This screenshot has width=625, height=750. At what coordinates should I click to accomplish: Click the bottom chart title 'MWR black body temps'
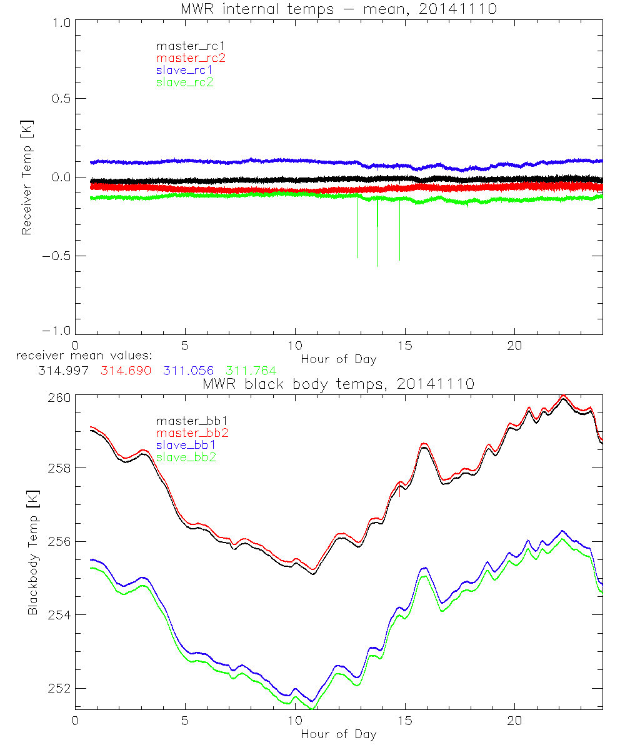click(x=338, y=384)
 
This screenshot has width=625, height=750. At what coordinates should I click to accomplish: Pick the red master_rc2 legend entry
click(x=190, y=57)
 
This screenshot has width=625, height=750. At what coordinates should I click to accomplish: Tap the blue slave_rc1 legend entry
click(x=184, y=70)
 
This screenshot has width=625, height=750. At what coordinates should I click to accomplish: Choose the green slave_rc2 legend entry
click(x=184, y=82)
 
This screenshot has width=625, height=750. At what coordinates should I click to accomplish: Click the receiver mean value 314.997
click(x=62, y=371)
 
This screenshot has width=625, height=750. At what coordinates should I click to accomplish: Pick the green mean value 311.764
click(x=251, y=371)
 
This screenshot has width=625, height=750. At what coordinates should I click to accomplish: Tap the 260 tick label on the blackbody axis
click(x=57, y=396)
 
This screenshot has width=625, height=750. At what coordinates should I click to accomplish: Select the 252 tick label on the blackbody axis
click(x=57, y=688)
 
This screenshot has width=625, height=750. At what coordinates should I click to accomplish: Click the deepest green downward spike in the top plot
click(x=377, y=264)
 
